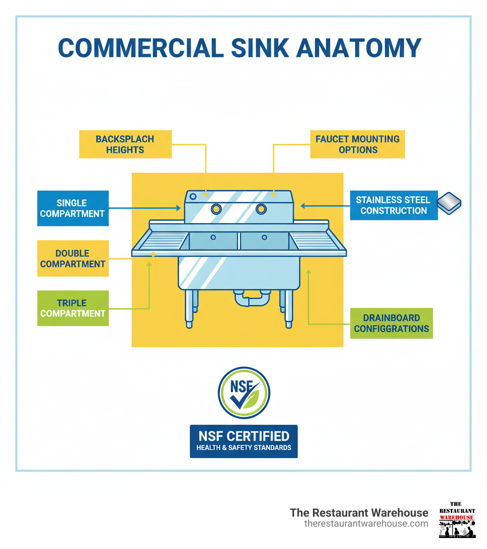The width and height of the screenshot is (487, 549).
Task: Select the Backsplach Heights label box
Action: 125,144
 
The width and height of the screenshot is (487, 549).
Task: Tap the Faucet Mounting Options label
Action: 357,144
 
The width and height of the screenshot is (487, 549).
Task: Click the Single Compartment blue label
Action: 73,208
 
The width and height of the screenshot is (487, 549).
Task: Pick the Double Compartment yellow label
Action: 73,258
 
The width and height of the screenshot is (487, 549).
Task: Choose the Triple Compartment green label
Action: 73,308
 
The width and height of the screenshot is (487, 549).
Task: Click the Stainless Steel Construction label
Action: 393,205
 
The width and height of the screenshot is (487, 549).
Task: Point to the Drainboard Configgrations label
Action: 391,323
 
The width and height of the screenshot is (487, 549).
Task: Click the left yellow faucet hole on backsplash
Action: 216,208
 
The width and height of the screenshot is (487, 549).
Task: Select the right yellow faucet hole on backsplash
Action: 261,208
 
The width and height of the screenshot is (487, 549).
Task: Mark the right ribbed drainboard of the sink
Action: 316,241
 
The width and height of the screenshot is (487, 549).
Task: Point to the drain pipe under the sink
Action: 251,300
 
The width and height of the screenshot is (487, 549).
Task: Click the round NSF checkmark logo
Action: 243,392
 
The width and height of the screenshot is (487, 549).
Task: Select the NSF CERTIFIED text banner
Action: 243,441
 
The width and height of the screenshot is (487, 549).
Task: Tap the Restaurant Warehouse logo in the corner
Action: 457,520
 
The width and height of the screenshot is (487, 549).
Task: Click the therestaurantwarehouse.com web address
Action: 366,523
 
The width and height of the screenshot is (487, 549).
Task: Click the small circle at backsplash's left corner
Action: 193,196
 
